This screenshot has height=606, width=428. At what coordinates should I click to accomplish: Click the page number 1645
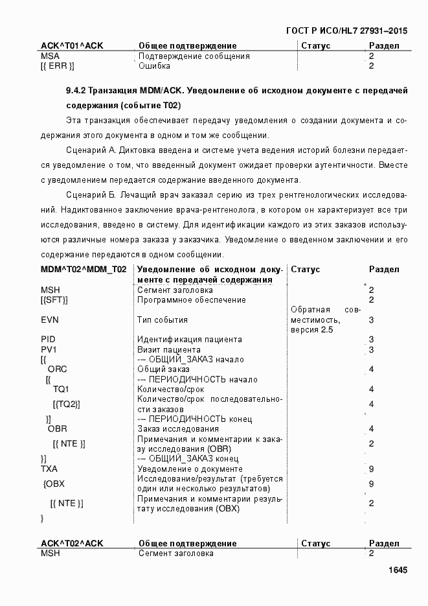[397, 570]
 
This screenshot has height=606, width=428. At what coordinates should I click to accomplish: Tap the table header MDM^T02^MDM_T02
[84, 270]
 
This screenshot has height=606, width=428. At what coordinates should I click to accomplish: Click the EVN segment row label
[51, 320]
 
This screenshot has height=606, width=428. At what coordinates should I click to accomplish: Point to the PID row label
[49, 339]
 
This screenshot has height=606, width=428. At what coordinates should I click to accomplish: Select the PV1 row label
[49, 349]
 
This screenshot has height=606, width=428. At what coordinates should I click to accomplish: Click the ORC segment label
[57, 369]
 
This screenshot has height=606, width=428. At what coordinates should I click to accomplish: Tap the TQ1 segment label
[62, 390]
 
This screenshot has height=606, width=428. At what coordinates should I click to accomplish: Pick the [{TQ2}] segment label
[67, 404]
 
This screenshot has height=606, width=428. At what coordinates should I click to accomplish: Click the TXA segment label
[49, 469]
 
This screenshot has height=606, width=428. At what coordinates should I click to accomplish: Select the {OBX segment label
[54, 484]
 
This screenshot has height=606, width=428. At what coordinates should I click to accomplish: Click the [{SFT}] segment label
[54, 300]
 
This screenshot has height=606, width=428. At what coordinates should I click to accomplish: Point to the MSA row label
[50, 56]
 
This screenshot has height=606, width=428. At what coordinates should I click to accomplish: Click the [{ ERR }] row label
[58, 66]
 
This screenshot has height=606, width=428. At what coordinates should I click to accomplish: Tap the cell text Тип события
[163, 320]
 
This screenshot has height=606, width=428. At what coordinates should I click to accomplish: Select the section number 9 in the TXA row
[371, 469]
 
